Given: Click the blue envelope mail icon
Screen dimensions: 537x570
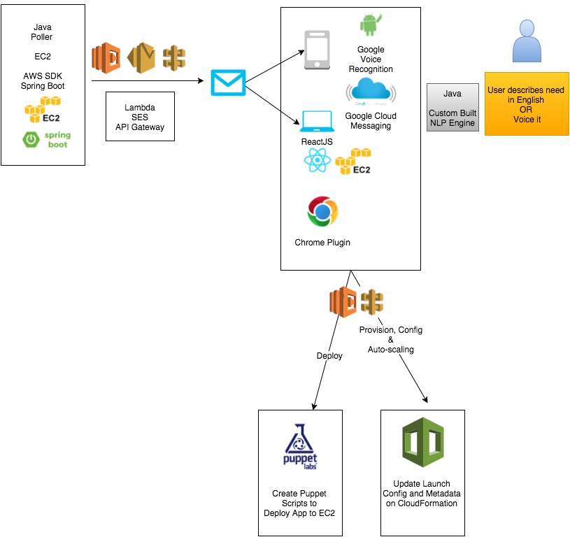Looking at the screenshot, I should (x=229, y=83).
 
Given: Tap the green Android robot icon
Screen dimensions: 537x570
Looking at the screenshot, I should (x=369, y=24).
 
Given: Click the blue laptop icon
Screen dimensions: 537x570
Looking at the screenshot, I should (x=316, y=122).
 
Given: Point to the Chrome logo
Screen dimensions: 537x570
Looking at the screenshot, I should (x=322, y=212).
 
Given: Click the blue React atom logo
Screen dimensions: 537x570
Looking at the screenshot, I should (x=318, y=162).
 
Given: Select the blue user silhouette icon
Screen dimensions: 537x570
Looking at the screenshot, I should (x=527, y=41).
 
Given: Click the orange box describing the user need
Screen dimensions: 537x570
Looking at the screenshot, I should (x=525, y=105).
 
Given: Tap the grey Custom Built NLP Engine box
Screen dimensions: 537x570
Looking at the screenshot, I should (x=453, y=108).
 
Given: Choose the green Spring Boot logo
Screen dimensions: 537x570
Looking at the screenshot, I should (x=46, y=138).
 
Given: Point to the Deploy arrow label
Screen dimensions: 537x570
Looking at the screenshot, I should (x=329, y=355).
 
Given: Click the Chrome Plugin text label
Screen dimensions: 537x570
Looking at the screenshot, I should (x=322, y=243).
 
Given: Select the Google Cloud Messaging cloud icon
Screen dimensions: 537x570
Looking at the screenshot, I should (x=371, y=92).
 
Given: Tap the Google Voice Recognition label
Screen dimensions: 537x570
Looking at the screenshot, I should (x=371, y=59).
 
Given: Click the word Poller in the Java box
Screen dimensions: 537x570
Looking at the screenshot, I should (x=43, y=37).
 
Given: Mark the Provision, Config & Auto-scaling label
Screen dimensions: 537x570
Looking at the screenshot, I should (x=390, y=339).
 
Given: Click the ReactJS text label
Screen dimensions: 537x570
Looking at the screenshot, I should (x=316, y=142).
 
